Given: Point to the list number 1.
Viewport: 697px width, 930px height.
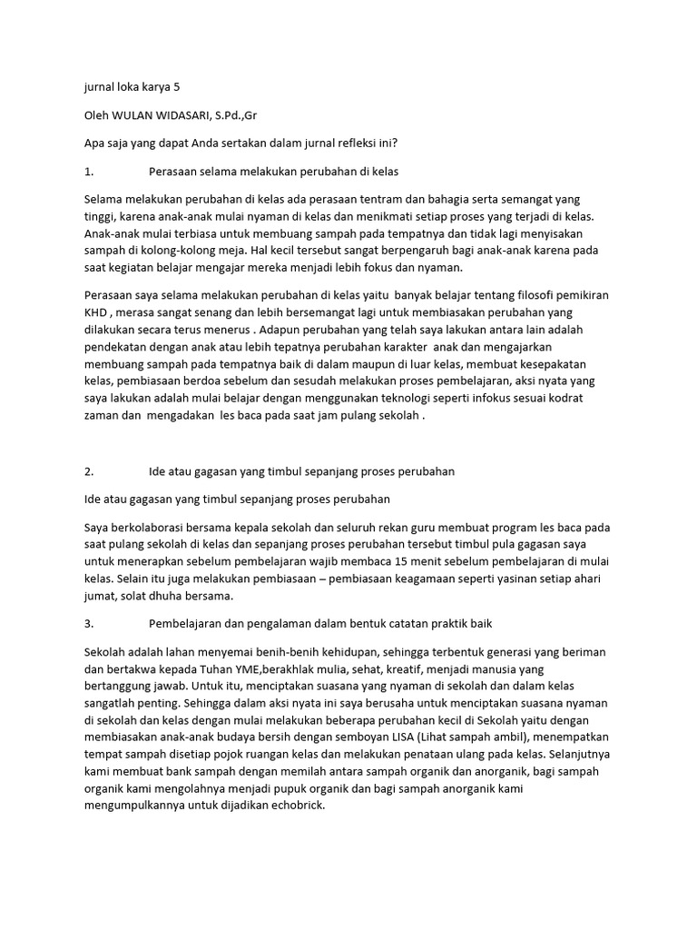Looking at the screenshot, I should [x=88, y=170].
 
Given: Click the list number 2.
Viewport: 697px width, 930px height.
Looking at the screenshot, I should [x=88, y=471].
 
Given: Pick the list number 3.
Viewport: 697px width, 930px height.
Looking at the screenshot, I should [x=88, y=624].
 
